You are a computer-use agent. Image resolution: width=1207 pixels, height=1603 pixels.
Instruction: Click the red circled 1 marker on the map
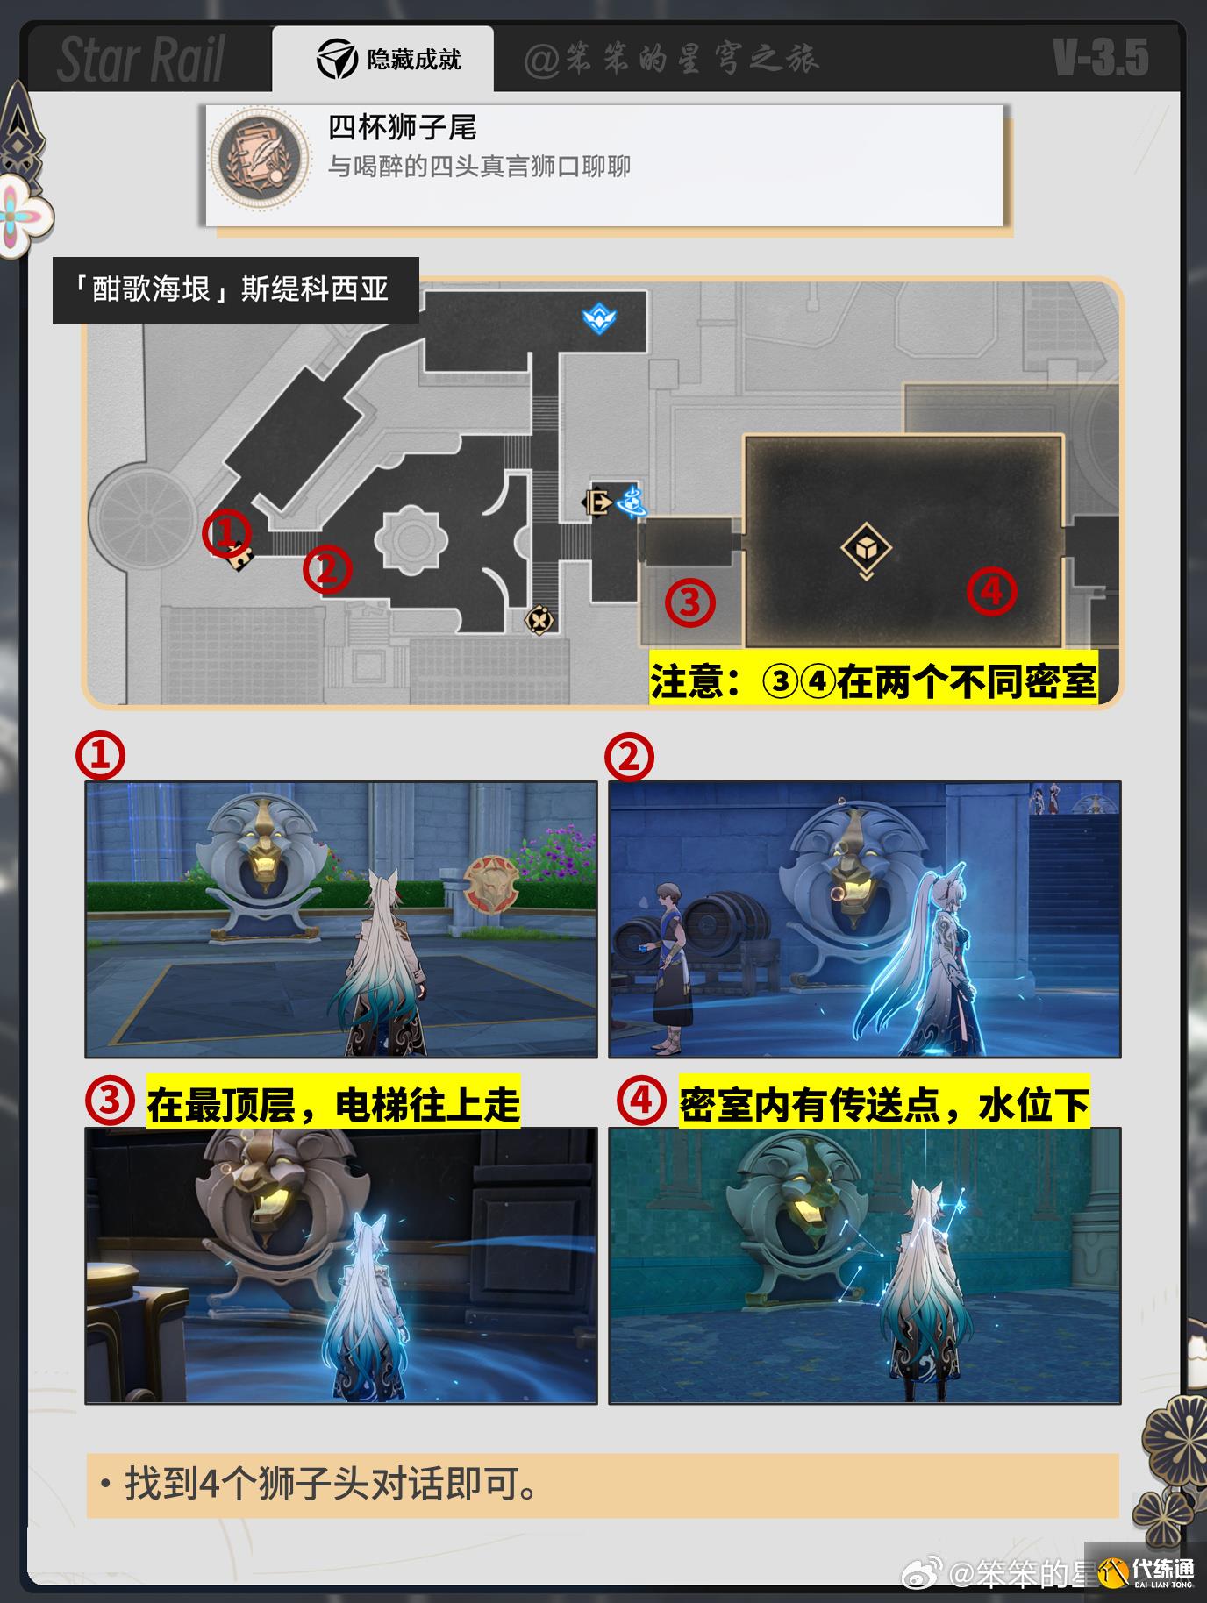coord(227,534)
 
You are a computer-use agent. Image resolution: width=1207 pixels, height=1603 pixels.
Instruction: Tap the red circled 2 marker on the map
coord(327,570)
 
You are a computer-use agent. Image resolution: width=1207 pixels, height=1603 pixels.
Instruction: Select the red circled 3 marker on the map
coord(690,602)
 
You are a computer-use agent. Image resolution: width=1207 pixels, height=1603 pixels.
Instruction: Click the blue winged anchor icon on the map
coord(598,317)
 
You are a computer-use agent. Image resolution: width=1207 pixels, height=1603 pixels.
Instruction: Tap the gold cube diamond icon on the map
coord(866,549)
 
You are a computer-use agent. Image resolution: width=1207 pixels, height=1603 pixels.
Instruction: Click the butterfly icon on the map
coord(539,620)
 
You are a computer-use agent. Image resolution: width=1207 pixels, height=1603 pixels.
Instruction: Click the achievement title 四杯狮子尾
coord(403,128)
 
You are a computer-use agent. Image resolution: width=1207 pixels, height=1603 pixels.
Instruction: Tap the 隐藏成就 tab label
coord(414,60)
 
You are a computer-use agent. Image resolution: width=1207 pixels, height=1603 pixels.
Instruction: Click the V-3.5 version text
coord(1101,59)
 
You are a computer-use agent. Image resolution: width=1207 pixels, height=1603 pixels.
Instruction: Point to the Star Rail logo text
coord(140,60)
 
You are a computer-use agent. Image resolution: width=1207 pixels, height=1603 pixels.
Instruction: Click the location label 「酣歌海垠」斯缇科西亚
coord(236,290)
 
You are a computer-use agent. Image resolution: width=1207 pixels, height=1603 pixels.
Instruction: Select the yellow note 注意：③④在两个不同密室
coord(874,680)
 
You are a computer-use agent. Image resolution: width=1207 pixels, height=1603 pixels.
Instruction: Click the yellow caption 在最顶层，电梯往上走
coord(333,1104)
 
